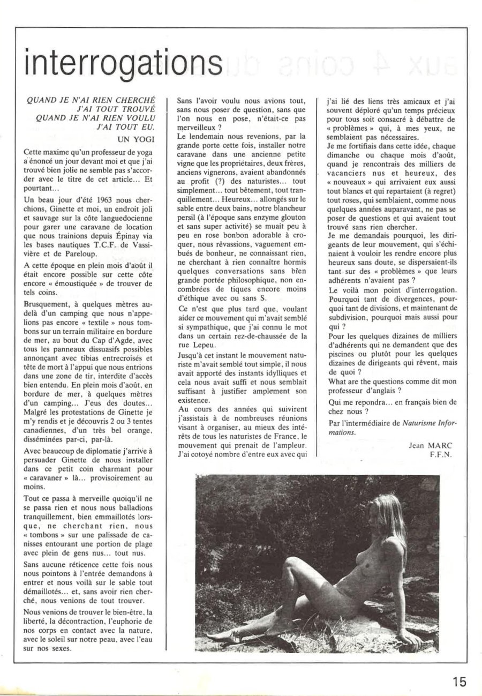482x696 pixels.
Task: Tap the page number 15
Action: tap(458, 682)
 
